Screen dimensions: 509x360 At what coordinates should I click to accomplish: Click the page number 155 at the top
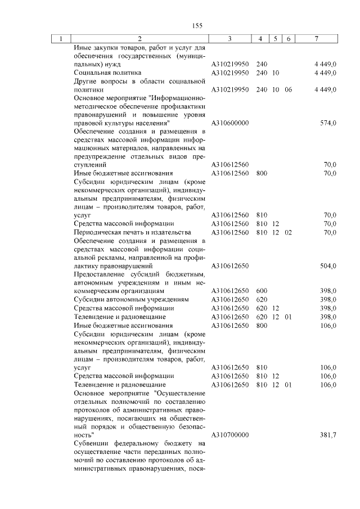(197, 25)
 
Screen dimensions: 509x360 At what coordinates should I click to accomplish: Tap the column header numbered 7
(317, 39)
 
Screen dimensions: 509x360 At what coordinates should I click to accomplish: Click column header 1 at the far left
(60, 39)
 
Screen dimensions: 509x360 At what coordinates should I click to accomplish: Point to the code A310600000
(230, 123)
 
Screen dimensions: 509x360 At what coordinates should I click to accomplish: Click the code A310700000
(230, 435)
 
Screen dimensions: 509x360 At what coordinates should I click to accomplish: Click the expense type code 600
(262, 291)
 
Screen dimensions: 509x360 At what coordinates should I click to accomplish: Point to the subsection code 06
(289, 89)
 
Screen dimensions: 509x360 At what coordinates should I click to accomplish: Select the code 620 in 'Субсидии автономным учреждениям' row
(262, 300)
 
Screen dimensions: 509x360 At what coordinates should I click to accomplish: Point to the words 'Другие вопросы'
(100, 81)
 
